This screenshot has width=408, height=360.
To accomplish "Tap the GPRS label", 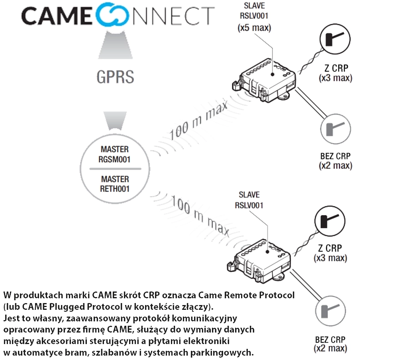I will [x=115, y=76].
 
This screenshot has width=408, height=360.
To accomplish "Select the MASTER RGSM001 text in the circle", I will [x=115, y=155].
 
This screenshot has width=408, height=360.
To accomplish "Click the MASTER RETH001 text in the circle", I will [x=115, y=184].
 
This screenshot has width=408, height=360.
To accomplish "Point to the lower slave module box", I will [x=259, y=259].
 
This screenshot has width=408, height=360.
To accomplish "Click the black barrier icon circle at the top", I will [x=335, y=39].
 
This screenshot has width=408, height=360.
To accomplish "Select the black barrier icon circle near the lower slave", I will [x=330, y=220].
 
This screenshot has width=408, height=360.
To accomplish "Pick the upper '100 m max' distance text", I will [x=198, y=120].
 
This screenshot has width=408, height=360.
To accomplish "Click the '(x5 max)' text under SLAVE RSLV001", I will [x=254, y=28].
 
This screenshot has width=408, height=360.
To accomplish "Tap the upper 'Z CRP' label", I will [x=336, y=68].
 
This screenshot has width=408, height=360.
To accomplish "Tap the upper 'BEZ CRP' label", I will [x=335, y=156].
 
